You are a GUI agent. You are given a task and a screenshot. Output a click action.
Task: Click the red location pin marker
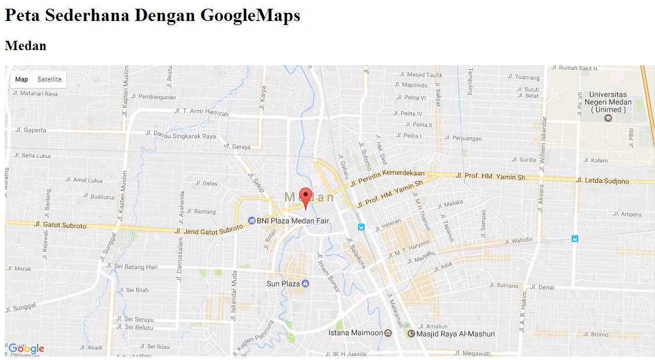point(305,197)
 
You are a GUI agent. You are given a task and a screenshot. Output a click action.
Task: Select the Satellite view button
point(49,80)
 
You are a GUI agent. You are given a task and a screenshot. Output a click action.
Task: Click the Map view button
point(22,80)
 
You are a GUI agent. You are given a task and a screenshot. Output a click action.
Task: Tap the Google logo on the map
point(26,348)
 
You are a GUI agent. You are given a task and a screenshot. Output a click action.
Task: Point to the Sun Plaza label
point(283,284)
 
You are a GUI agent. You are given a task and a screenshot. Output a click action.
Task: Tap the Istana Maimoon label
point(356,333)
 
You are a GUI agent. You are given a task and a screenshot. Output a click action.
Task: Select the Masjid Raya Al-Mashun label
point(455,334)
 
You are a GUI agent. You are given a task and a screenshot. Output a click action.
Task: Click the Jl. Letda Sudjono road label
point(602,181)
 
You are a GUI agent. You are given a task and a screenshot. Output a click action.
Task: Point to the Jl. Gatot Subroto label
point(61,225)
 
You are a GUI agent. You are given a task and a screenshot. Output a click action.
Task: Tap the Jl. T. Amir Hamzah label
point(201,112)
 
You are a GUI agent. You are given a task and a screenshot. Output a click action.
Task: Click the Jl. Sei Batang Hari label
point(133,267)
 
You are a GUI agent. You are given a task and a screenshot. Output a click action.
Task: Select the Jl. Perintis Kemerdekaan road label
point(393,177)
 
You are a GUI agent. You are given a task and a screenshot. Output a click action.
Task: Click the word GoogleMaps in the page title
point(250,15)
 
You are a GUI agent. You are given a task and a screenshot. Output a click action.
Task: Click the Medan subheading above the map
point(26,45)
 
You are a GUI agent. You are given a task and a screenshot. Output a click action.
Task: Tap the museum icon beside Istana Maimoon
point(388,333)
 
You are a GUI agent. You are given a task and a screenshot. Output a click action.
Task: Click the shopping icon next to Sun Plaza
point(306,284)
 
